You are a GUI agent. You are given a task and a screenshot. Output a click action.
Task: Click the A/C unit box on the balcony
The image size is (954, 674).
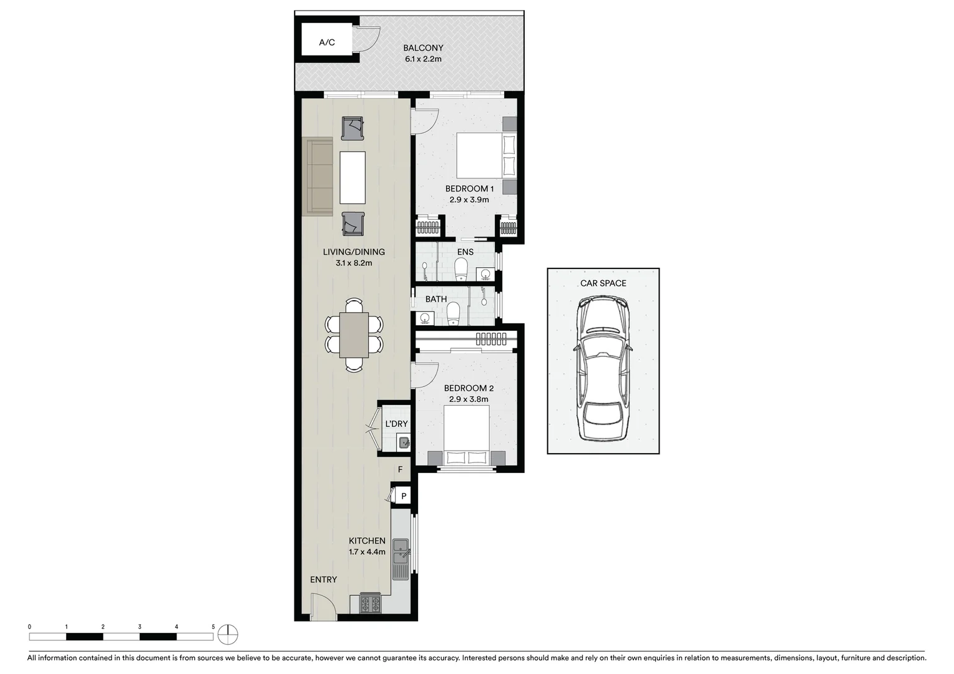point(327,42)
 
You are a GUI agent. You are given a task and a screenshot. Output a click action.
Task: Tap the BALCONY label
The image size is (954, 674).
point(423,48)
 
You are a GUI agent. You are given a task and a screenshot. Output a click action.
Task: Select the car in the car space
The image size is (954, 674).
point(603,368)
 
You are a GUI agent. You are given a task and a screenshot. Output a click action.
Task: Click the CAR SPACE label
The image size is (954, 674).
point(603,283)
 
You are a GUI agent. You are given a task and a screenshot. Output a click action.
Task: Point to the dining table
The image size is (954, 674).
point(354,335)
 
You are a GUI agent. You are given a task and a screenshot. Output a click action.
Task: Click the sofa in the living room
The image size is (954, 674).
point(319,177)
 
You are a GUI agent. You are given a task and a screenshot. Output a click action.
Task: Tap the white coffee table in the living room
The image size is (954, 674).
point(353,177)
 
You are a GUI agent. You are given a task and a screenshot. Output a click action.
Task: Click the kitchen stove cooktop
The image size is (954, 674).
point(370,603)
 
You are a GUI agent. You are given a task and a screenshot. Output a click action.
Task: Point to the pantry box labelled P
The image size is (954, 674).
point(404,497)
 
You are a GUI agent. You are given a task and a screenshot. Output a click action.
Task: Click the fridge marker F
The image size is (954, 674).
point(400,470)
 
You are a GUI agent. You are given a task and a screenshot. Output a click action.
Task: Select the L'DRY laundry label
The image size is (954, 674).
point(396,424)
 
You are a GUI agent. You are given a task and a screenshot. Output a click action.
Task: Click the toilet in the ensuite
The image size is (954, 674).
point(461,270)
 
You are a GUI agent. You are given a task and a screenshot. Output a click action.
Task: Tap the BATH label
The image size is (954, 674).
point(436,300)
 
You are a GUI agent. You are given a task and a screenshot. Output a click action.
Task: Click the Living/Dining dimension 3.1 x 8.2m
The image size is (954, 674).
point(354,263)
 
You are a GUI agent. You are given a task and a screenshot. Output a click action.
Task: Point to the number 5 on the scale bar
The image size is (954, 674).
point(213,627)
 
